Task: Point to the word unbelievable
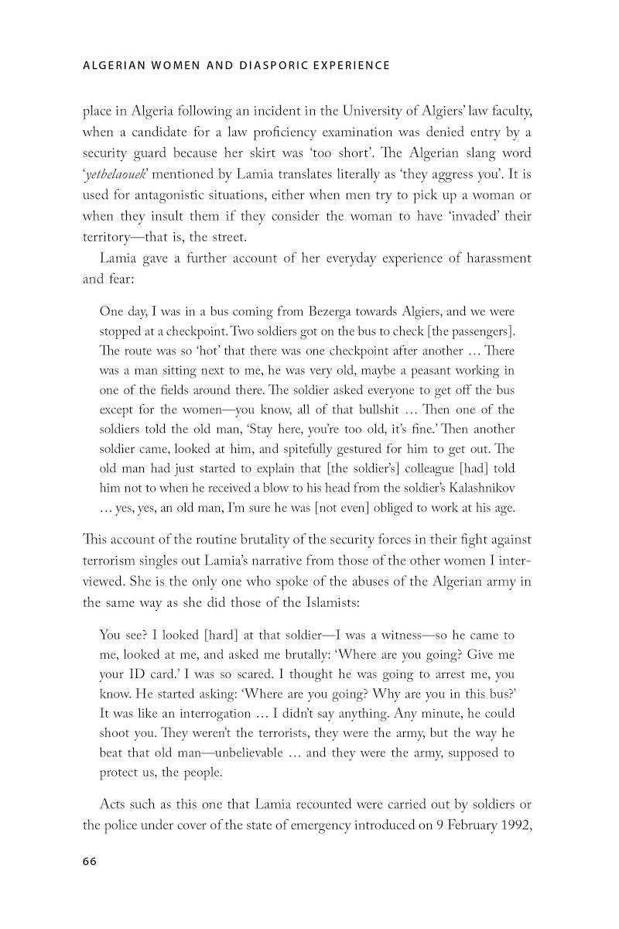[246, 752]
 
